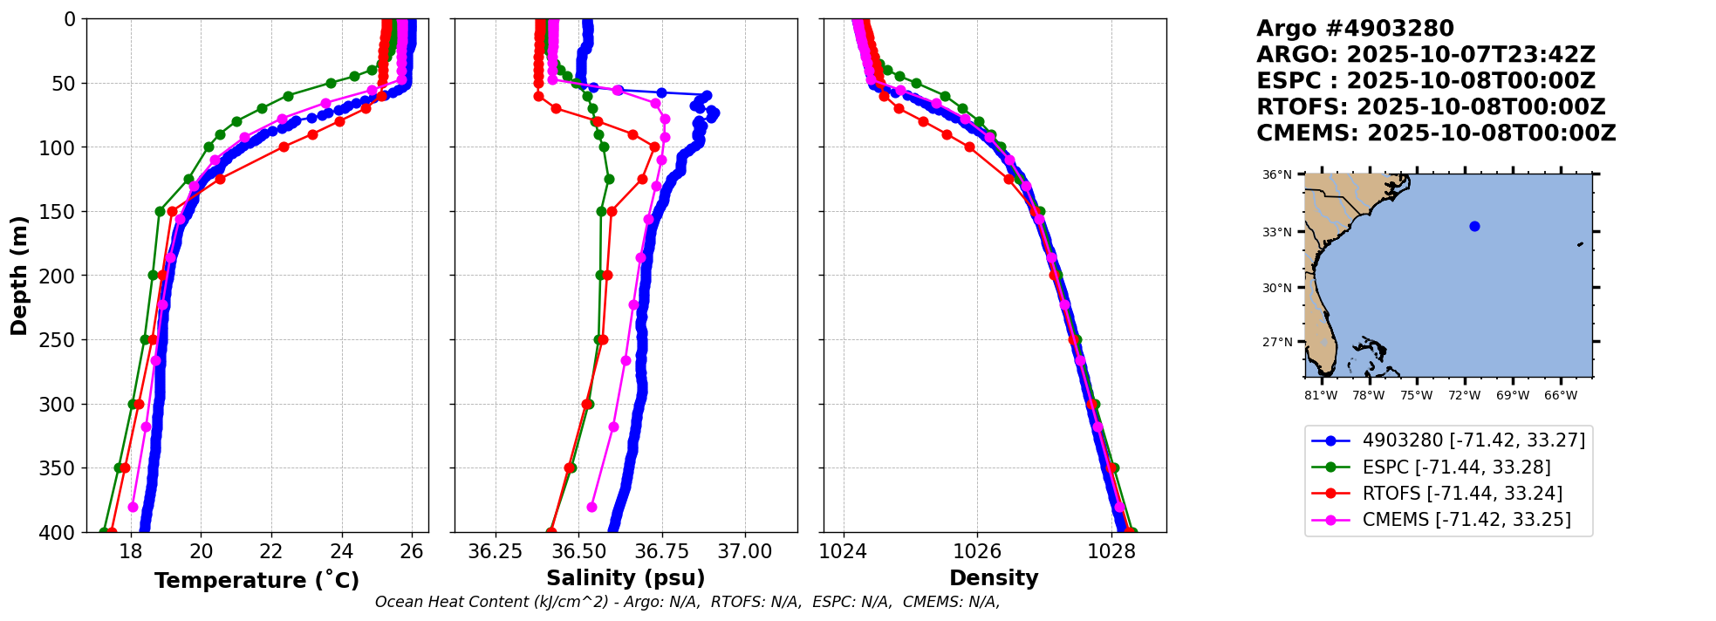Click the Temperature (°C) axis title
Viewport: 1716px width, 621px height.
coord(256,580)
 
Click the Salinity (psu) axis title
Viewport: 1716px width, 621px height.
coord(626,578)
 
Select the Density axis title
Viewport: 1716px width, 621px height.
coord(994,578)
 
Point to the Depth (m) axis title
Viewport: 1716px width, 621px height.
coord(19,275)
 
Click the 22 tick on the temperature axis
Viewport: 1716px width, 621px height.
coord(271,551)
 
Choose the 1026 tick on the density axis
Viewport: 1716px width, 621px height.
coord(977,551)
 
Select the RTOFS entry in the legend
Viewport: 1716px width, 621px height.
coord(1462,494)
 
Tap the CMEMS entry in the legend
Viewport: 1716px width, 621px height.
coord(1466,520)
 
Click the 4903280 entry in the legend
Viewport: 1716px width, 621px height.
coord(1473,440)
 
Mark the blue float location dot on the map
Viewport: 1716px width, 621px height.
coord(1474,227)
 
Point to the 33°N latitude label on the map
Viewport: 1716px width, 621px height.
coord(1277,232)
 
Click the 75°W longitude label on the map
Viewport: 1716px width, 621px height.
coord(1416,396)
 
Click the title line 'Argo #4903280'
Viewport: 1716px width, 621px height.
coord(1355,29)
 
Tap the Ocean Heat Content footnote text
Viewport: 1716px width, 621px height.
coord(687,602)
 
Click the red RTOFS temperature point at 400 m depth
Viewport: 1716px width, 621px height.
coord(111,532)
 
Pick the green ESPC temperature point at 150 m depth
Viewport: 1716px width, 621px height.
coord(160,211)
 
